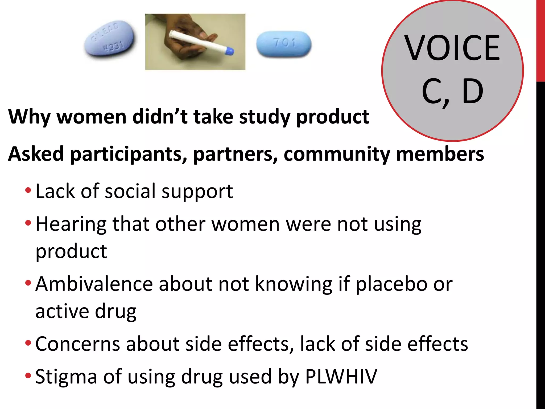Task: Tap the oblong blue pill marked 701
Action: [284, 44]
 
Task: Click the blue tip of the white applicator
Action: [230, 51]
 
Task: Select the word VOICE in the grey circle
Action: [452, 48]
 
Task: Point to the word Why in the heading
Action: [29, 117]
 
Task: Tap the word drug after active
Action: [115, 311]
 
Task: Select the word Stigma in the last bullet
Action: [66, 377]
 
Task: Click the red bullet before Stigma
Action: [28, 376]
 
